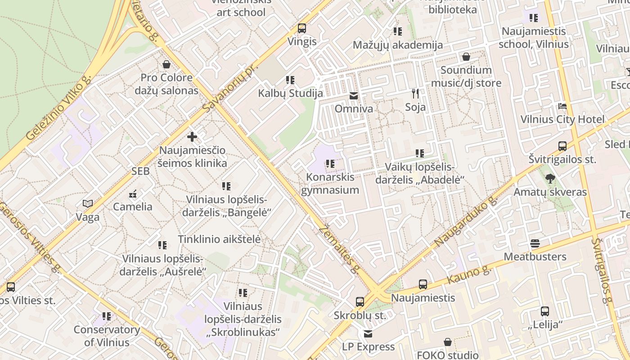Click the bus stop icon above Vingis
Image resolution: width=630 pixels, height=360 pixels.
[302, 28]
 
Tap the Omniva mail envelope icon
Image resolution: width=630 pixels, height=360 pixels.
[354, 96]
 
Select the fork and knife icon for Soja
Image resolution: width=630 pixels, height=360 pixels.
[415, 94]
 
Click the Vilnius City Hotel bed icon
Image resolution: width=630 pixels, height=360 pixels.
[562, 106]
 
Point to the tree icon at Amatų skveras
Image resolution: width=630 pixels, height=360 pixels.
[550, 179]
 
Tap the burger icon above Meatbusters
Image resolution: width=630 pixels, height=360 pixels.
[535, 243]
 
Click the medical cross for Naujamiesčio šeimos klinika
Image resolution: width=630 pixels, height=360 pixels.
[192, 136]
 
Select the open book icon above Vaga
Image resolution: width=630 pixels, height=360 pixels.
[88, 204]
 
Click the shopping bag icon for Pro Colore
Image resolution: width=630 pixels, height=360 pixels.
[166, 64]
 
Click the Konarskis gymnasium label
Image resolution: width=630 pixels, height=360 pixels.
[330, 184]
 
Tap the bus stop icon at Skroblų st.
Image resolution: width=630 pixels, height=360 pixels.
[360, 302]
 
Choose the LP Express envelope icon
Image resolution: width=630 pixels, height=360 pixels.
[368, 333]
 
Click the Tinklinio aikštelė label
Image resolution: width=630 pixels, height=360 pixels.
[219, 239]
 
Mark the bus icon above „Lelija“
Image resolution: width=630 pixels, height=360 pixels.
[544, 311]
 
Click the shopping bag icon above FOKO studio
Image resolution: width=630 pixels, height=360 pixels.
[448, 342]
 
